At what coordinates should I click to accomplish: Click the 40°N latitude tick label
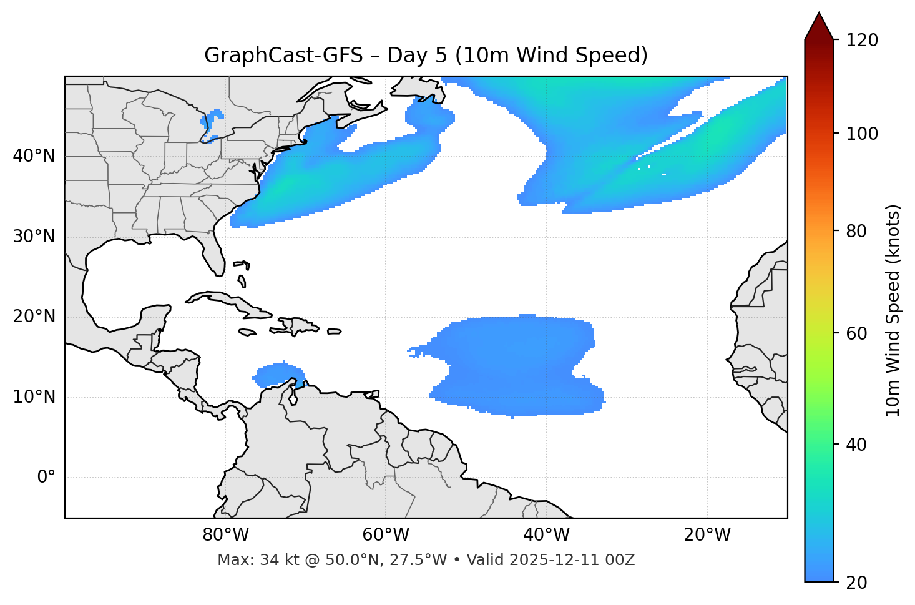(x=34, y=156)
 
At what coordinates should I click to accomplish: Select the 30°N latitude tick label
(x=34, y=237)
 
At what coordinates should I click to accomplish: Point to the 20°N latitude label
(x=34, y=317)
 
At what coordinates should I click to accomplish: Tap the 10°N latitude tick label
(x=34, y=397)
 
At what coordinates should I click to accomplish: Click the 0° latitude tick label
(x=46, y=478)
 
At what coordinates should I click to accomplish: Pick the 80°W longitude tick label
(x=225, y=535)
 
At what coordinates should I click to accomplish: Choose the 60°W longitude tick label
(x=386, y=535)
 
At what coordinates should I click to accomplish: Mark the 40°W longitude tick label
(x=546, y=535)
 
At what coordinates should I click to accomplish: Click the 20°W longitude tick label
(x=707, y=535)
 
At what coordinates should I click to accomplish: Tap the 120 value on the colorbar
(x=861, y=41)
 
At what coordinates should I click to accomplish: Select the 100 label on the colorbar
(x=861, y=134)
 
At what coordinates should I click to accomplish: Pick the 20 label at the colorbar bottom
(x=857, y=583)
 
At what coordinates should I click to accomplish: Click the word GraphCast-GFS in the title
(x=283, y=56)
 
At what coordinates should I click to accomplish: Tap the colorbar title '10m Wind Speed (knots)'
(x=893, y=311)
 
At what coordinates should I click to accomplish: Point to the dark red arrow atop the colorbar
(x=819, y=27)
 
